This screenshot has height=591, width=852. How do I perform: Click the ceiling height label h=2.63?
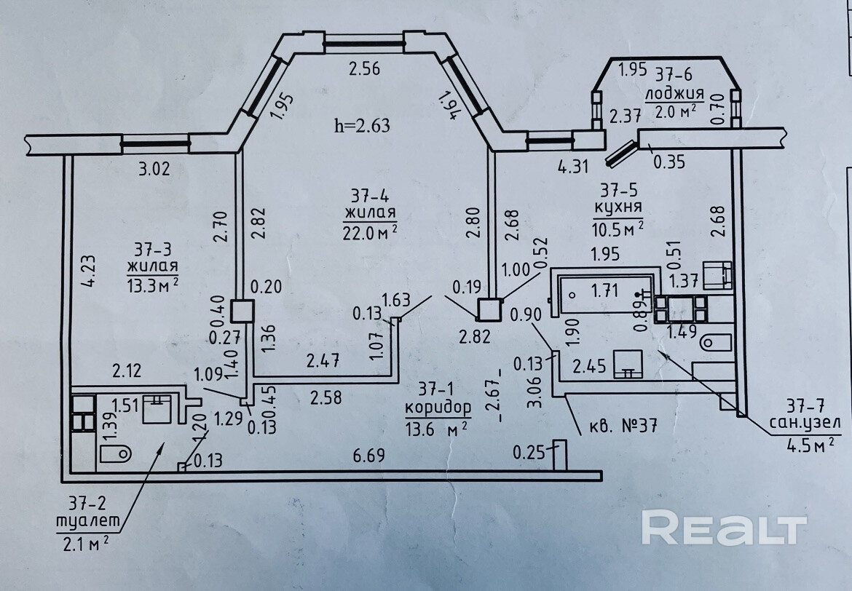[x=362, y=125]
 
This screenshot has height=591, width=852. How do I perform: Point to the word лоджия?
[x=674, y=93]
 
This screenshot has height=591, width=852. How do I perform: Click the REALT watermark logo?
[x=723, y=528]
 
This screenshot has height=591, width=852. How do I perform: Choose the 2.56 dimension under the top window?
[x=365, y=69]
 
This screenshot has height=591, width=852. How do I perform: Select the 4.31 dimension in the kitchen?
[x=573, y=166]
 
